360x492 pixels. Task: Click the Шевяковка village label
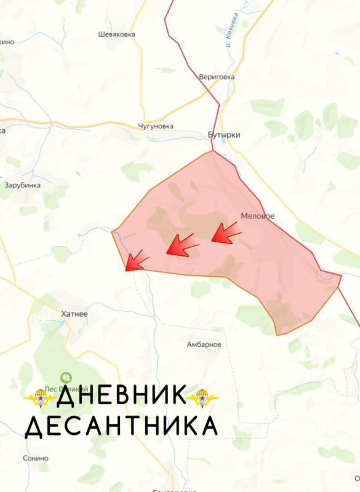(116, 35)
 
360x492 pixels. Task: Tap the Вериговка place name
(217, 77)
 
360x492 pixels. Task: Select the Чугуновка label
(156, 126)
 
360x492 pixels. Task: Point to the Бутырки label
(220, 135)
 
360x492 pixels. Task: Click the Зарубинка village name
(22, 184)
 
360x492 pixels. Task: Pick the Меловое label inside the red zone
(258, 216)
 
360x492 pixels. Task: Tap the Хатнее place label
(75, 314)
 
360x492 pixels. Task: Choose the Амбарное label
(204, 344)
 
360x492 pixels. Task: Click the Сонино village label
(35, 458)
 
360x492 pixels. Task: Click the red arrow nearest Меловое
(225, 232)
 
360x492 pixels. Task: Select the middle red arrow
(182, 245)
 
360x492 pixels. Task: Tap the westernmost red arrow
(136, 261)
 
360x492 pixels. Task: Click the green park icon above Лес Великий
(65, 377)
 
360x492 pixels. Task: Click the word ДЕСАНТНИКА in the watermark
(121, 426)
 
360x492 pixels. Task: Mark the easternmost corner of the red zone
(341, 276)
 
